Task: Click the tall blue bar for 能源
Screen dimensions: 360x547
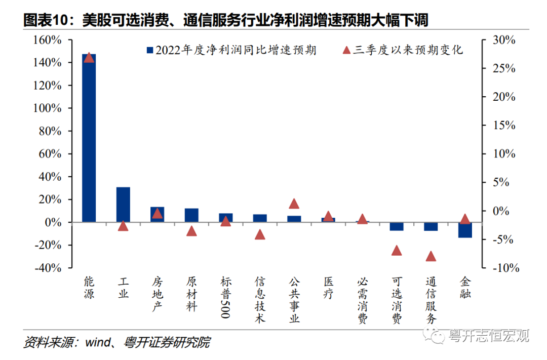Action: tap(89, 138)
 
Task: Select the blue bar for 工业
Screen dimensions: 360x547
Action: tap(123, 205)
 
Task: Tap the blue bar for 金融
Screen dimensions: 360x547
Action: tap(465, 230)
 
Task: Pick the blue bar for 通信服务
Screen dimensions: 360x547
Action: tap(431, 226)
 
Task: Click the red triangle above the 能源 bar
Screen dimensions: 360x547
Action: tap(89, 57)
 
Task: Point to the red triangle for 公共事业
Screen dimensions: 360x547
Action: tap(294, 204)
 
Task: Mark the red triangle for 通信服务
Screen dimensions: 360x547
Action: tap(431, 256)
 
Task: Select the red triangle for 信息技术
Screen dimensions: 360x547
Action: tap(260, 234)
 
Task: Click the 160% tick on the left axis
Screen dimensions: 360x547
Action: tap(48, 40)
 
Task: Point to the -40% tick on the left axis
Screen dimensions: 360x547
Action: tap(48, 268)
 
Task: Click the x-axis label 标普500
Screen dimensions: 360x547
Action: tap(225, 297)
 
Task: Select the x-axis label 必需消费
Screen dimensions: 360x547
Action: tap(362, 300)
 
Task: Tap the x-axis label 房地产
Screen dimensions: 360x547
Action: tap(157, 294)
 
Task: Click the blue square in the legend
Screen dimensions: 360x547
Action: tap(149, 50)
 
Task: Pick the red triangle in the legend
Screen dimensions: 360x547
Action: tap(346, 50)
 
